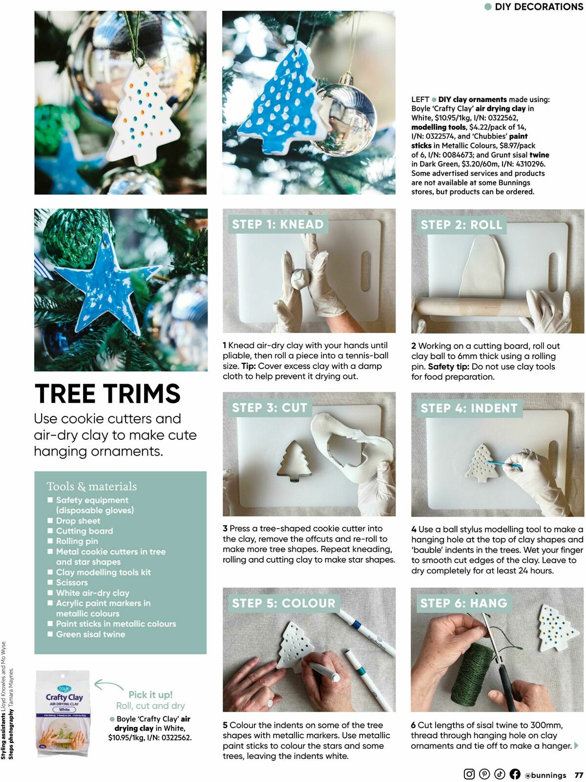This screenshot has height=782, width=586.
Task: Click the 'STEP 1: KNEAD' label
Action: [277, 225]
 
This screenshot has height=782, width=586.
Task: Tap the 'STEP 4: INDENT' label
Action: [468, 408]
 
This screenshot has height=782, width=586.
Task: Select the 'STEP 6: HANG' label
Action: [463, 603]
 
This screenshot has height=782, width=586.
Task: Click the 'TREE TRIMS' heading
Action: [107, 394]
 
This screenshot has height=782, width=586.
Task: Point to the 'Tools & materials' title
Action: [92, 486]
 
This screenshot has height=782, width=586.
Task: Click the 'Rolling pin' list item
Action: [77, 541]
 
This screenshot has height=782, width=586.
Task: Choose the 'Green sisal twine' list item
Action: [90, 635]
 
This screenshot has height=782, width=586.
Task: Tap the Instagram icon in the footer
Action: [469, 774]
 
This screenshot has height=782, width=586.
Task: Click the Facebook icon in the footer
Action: [515, 774]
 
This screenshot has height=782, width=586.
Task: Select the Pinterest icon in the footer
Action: [484, 774]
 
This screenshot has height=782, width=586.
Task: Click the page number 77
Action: [579, 775]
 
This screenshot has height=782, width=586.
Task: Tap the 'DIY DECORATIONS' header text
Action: [538, 7]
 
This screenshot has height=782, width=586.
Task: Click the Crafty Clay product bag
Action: [63, 713]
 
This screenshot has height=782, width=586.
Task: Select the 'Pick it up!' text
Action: [150, 695]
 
